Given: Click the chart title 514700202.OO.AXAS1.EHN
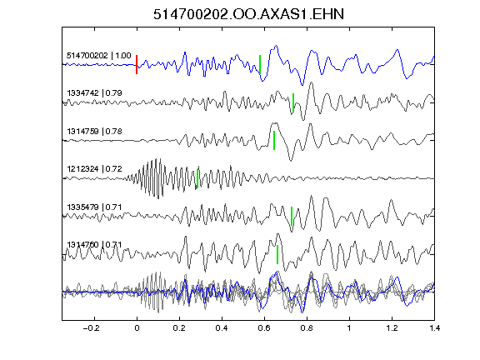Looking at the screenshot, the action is click(248, 14).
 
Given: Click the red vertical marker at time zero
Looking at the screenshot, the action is click(137, 65).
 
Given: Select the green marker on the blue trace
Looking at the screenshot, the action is click(260, 65).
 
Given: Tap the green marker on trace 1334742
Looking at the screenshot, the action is click(293, 102).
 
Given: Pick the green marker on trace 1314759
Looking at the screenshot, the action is click(274, 141).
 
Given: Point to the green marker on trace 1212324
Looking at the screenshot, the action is click(197, 178).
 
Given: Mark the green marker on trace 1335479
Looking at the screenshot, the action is click(292, 217).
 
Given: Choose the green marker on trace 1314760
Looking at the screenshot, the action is click(277, 254).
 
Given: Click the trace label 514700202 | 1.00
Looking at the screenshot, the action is click(99, 56).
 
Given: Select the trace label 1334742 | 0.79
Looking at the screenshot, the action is click(95, 93).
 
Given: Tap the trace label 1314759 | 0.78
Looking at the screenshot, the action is click(95, 132).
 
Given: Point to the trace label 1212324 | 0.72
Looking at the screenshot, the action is click(95, 169).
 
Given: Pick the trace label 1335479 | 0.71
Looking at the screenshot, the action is click(95, 207).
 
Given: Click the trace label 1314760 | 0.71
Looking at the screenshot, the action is click(95, 245).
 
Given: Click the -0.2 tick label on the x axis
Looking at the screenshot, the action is click(91, 328).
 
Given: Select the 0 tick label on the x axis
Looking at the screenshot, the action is click(137, 328).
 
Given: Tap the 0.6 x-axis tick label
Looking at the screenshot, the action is click(264, 328).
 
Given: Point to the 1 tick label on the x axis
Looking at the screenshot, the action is click(349, 328).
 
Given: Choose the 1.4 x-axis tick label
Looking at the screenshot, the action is click(434, 328).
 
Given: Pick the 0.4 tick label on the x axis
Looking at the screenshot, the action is click(222, 328).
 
